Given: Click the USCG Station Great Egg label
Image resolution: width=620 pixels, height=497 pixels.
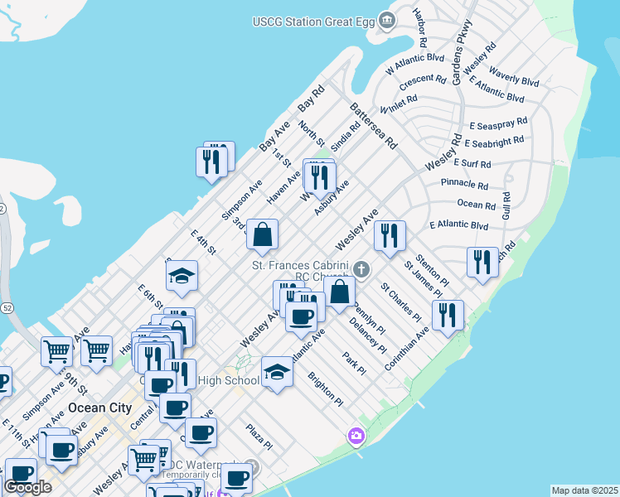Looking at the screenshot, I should pos(313,20).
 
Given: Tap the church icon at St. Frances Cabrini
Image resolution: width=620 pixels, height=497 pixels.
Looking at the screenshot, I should pos(361,269).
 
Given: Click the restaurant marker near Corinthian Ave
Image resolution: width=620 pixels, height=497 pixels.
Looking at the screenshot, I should pos(448,315).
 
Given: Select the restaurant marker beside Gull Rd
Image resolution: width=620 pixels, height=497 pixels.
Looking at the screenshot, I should pos(482,262).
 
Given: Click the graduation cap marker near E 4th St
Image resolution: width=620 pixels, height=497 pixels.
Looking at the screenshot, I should pos(182,277).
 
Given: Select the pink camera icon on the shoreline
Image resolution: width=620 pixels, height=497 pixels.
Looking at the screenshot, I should pos(356,435).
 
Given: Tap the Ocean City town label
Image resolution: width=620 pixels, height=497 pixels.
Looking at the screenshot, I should pos(99,408).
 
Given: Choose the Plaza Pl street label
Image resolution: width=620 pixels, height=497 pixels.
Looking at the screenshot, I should pos(259,437).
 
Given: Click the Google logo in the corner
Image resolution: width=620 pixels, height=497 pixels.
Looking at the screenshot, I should pos(27,486).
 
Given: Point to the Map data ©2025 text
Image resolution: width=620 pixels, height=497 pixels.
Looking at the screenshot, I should pos(584,490).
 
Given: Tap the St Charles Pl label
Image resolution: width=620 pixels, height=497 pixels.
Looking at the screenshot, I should pos(400,302).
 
